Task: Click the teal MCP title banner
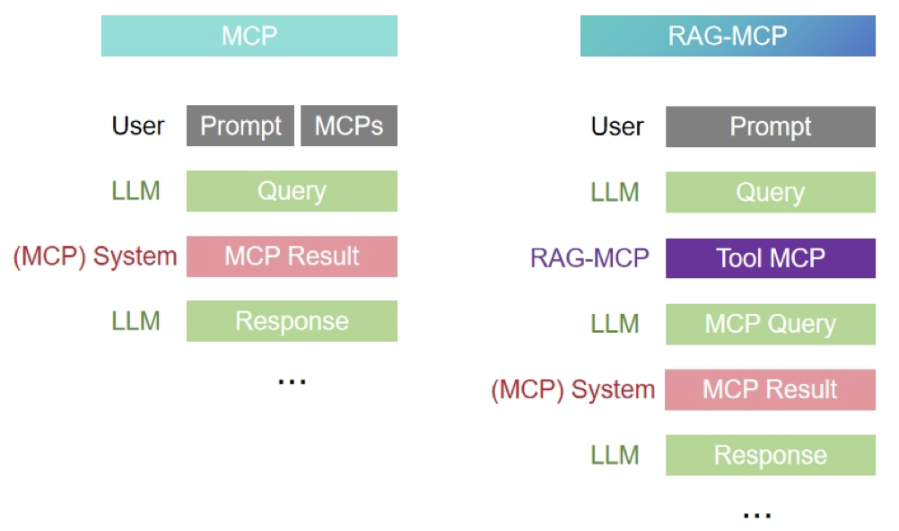pyautogui.click(x=249, y=36)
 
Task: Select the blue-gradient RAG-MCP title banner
pyautogui.click(x=728, y=36)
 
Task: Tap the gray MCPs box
pyautogui.click(x=349, y=126)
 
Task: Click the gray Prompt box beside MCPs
pyautogui.click(x=240, y=126)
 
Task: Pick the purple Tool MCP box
pyautogui.click(x=770, y=258)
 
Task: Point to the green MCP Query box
pyautogui.click(x=770, y=324)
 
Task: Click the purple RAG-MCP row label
pyautogui.click(x=589, y=258)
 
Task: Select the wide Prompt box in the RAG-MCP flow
pyautogui.click(x=770, y=126)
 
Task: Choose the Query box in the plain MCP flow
pyautogui.click(x=292, y=191)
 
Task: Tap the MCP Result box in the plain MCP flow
pyautogui.click(x=292, y=257)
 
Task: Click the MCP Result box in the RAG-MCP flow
pyautogui.click(x=770, y=389)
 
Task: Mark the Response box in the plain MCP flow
pyautogui.click(x=292, y=321)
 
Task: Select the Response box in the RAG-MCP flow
pyautogui.click(x=770, y=455)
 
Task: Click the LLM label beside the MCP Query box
pyautogui.click(x=615, y=324)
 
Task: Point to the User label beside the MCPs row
pyautogui.click(x=138, y=126)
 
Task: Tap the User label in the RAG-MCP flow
pyautogui.click(x=617, y=126)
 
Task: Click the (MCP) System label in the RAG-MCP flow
pyautogui.click(x=573, y=390)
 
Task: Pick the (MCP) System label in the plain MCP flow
pyautogui.click(x=95, y=257)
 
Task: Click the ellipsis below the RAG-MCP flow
pyautogui.click(x=757, y=515)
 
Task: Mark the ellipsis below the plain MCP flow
pyautogui.click(x=292, y=381)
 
